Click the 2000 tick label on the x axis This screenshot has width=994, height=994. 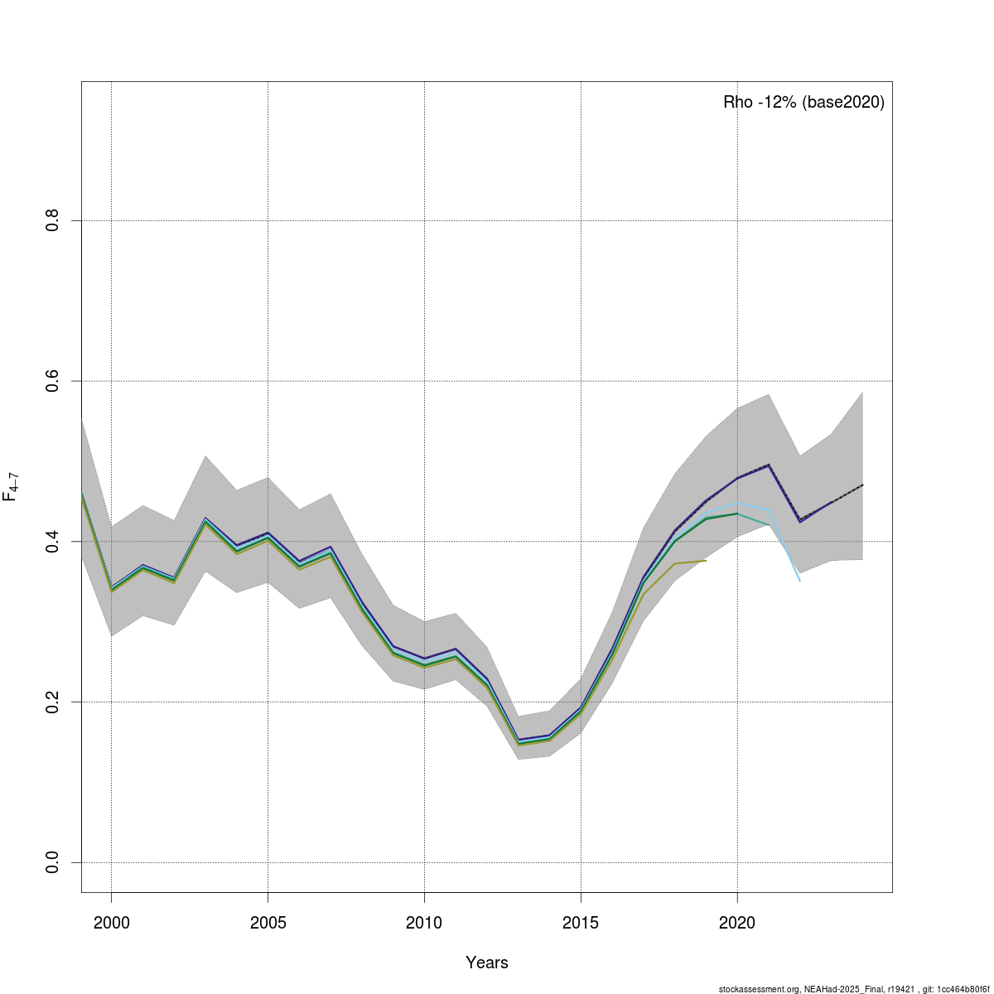[111, 923]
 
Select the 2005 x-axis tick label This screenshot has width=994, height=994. [268, 923]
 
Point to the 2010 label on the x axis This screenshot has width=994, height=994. [424, 923]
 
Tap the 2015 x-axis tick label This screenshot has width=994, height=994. [581, 923]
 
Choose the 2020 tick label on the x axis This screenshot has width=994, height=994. [737, 923]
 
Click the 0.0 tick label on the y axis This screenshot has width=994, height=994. [52, 862]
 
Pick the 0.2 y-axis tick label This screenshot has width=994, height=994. [52, 702]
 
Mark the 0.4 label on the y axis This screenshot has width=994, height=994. [52, 541]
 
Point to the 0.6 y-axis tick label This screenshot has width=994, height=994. [52, 381]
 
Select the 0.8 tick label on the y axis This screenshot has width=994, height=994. [52, 220]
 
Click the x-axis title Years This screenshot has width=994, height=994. [487, 963]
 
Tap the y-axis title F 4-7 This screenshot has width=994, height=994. [11, 486]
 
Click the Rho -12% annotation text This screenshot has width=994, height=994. [760, 103]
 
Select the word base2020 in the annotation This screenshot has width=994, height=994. [843, 103]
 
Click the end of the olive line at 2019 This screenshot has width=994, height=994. [706, 561]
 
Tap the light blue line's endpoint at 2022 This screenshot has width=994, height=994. [799, 581]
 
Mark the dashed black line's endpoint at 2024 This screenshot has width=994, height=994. [862, 485]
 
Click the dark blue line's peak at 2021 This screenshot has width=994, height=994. [769, 466]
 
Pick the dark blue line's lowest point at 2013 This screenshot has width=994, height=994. [519, 740]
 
